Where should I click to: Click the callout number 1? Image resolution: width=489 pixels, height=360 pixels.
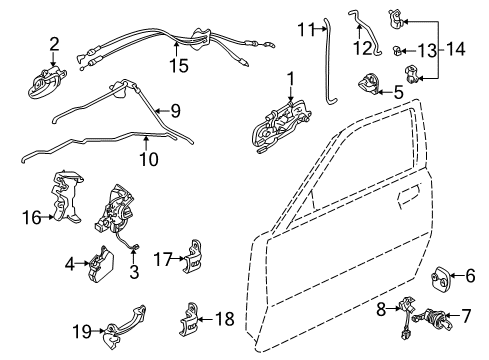[290, 78]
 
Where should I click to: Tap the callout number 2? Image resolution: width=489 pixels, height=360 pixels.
[54, 43]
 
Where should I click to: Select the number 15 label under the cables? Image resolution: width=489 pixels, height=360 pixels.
[179, 67]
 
